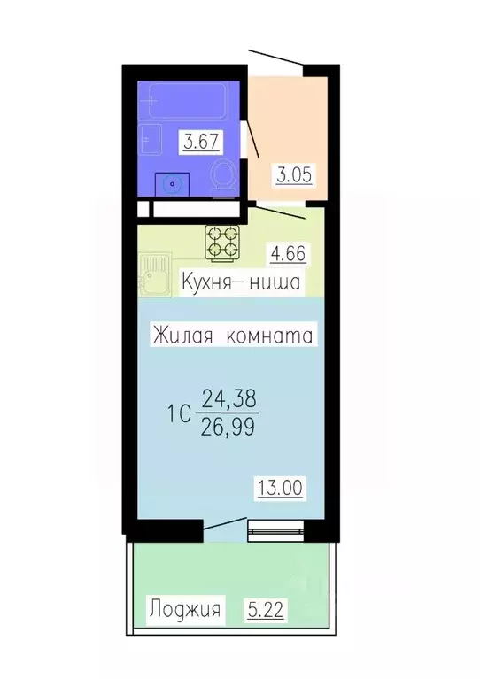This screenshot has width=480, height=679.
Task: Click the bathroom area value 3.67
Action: (x=199, y=141)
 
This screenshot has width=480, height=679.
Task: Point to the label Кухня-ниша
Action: (x=240, y=283)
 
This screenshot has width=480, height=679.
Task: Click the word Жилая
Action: (x=181, y=336)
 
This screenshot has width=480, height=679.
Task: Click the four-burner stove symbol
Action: (x=224, y=242)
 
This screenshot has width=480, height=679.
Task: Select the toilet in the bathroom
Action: (x=224, y=175)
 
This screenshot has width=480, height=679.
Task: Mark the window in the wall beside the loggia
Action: (x=275, y=531)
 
